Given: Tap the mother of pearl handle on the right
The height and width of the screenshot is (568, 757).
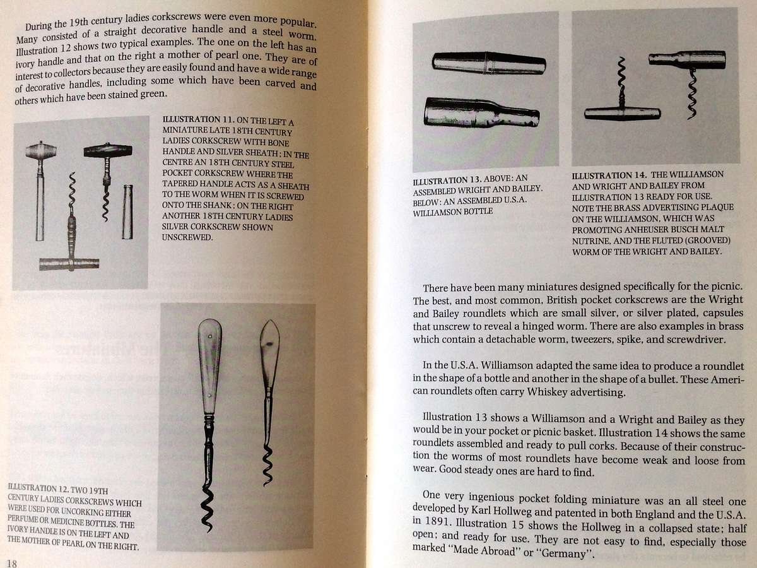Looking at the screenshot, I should pos(269,353).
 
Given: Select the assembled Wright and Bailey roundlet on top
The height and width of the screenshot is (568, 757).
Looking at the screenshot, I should pos(489,62).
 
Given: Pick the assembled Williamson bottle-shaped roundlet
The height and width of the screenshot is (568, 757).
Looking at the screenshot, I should pos(481,112).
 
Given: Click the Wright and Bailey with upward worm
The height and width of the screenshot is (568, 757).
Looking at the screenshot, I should pos(622,107).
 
